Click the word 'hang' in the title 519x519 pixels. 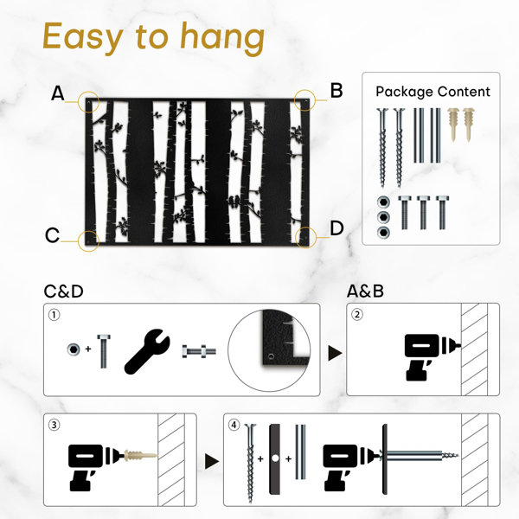[x=222, y=38]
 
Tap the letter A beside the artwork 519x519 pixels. [x=57, y=93]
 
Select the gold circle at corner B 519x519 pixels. [x=304, y=99]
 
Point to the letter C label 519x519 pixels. [x=52, y=235]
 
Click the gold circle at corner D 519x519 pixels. [x=305, y=237]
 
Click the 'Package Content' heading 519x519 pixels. [x=432, y=92]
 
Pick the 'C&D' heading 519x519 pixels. [x=63, y=292]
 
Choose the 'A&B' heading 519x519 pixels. [x=365, y=292]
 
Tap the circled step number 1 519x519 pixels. [x=54, y=315]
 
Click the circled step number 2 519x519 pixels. [x=356, y=314]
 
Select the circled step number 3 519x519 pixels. [x=54, y=425]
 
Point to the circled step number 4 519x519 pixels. [x=234, y=425]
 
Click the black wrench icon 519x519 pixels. [x=147, y=351]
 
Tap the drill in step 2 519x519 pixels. [x=430, y=356]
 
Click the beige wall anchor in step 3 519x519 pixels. [x=139, y=456]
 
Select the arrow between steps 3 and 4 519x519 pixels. [x=212, y=461]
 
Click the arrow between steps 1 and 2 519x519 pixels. [x=335, y=353]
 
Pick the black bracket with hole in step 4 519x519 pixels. [x=275, y=458]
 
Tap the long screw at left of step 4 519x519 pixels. [x=251, y=463]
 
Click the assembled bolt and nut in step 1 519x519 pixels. [x=199, y=351]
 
